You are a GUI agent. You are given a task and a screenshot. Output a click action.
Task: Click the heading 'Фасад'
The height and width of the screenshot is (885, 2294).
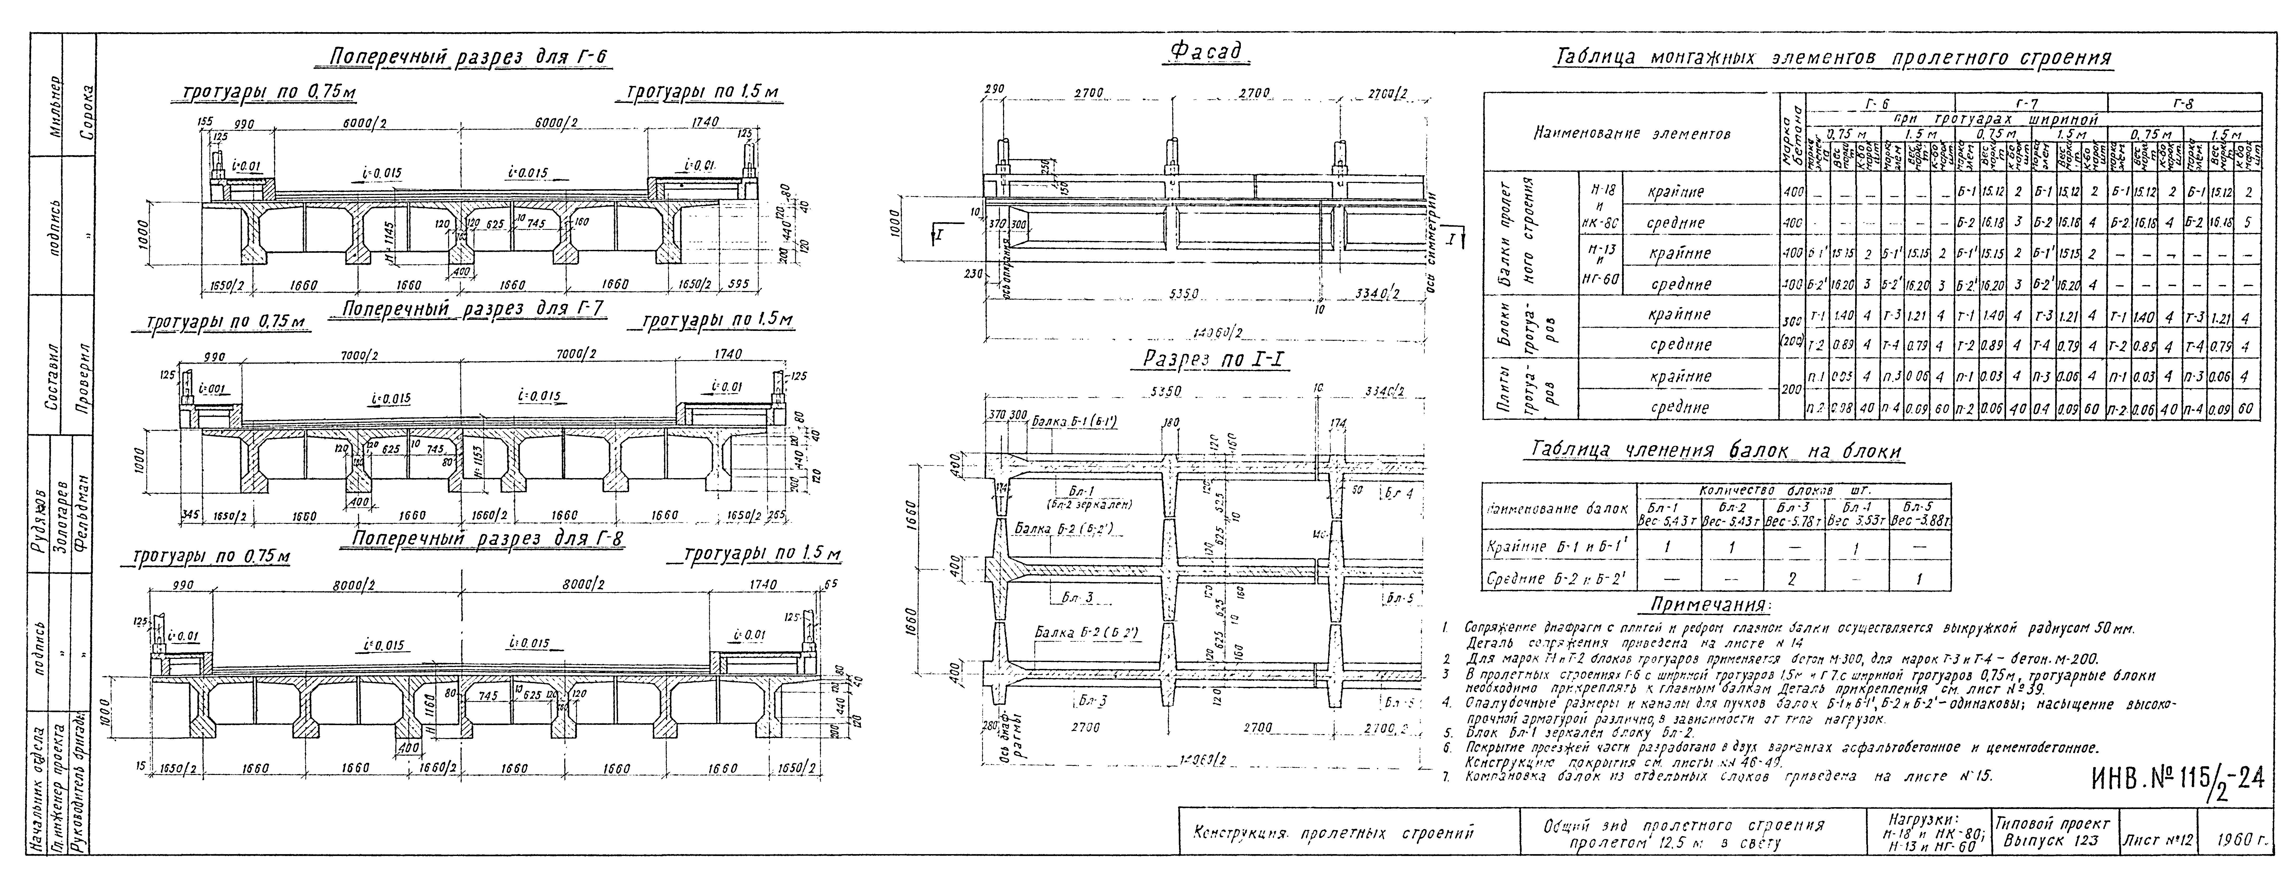1208,53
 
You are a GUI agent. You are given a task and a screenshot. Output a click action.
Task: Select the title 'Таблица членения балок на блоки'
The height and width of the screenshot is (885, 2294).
1715,451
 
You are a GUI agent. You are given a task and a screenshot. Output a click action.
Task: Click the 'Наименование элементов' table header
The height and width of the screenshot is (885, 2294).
1631,135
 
